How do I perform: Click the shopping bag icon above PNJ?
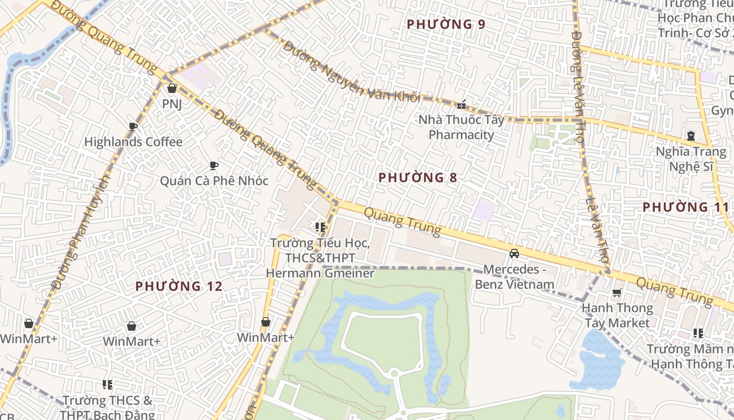[171, 88]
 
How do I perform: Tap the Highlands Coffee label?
[133, 142]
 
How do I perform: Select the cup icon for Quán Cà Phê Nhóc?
[213, 166]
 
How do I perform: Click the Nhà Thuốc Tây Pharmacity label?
[461, 127]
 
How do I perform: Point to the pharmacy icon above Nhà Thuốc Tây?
[461, 105]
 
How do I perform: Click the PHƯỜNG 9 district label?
[446, 24]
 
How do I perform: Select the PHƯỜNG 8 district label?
[418, 177]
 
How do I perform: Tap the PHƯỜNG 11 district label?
[685, 207]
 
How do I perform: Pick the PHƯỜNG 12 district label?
[179, 286]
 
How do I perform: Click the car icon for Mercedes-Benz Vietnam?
[514, 254]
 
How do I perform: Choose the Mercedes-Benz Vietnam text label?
[514, 277]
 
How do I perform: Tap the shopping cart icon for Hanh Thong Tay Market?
[617, 292]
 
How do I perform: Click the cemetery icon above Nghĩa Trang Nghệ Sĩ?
[691, 136]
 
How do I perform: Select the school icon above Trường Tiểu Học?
[320, 227]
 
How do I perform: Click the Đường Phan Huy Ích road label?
[81, 231]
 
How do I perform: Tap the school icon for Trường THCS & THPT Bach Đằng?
[107, 385]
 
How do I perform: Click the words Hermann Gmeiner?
[320, 273]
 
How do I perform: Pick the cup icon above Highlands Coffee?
[133, 127]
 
